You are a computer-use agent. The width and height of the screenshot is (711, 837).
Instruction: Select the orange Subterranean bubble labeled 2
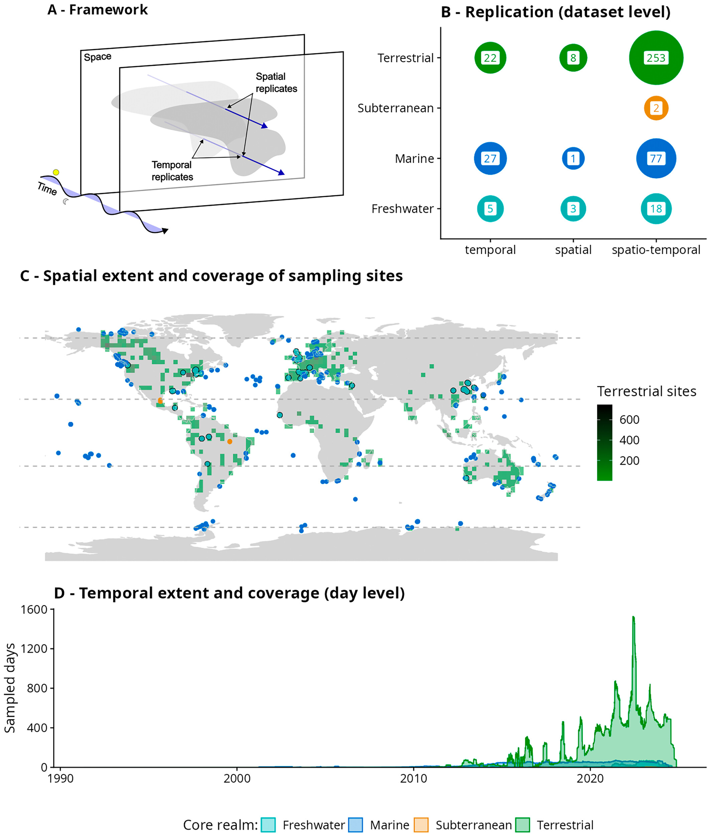tap(656, 108)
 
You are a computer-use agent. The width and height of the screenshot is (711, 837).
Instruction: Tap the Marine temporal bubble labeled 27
tap(490, 158)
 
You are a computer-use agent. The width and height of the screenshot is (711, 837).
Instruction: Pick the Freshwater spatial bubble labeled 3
tap(573, 209)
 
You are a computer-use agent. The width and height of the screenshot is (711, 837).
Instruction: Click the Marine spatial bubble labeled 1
tap(573, 158)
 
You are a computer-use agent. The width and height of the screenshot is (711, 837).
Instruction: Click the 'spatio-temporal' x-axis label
tap(656, 250)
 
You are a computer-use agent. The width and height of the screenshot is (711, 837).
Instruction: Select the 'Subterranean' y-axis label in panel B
tap(395, 108)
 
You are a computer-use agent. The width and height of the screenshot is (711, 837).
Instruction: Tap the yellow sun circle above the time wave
tap(56, 172)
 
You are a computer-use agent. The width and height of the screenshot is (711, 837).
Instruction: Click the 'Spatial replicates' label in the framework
tap(276, 83)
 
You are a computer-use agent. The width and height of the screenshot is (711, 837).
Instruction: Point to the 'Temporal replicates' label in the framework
tap(172, 171)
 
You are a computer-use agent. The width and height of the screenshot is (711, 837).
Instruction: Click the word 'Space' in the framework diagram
tap(98, 57)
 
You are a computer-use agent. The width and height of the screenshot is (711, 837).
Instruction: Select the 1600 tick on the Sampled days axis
tap(34, 609)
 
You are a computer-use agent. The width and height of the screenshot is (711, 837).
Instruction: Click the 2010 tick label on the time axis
tap(414, 778)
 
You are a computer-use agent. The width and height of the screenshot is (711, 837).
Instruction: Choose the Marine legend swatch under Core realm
tap(355, 825)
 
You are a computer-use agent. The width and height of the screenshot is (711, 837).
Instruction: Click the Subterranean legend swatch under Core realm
tap(421, 825)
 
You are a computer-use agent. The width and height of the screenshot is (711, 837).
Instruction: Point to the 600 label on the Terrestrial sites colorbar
tap(629, 420)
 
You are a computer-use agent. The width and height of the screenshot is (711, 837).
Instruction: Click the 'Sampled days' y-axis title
tap(10, 688)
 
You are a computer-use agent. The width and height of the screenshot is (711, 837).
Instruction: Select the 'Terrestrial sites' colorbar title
tap(647, 391)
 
